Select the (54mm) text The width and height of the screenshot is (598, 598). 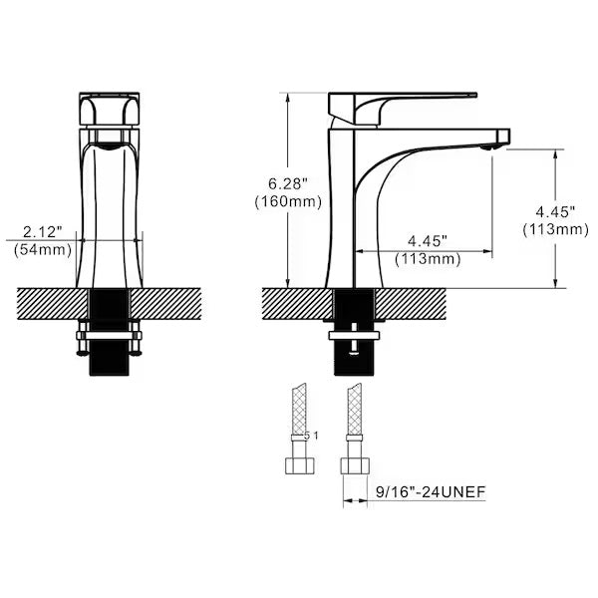pos(42,250)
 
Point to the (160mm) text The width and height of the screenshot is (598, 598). pos(287,201)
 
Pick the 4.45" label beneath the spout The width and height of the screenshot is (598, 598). pos(427,241)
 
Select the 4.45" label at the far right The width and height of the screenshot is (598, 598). pos(554,211)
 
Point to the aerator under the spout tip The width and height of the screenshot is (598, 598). pos(487,148)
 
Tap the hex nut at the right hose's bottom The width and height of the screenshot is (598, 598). pos(354,465)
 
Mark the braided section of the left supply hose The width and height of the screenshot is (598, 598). pos(301,409)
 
